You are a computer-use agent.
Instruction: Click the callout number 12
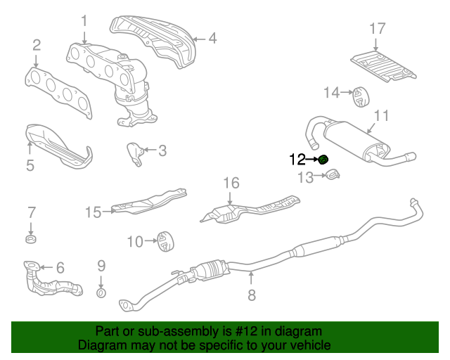297,160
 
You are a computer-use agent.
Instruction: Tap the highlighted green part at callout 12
323,160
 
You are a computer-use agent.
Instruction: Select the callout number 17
378,29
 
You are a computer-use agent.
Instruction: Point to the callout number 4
212,39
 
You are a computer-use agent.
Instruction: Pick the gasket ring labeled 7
31,241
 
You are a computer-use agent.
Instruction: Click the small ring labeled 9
101,292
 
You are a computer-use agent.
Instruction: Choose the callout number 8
252,296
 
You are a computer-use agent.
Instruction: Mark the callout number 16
232,184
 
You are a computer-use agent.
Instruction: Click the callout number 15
94,211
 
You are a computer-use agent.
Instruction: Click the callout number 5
30,166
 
